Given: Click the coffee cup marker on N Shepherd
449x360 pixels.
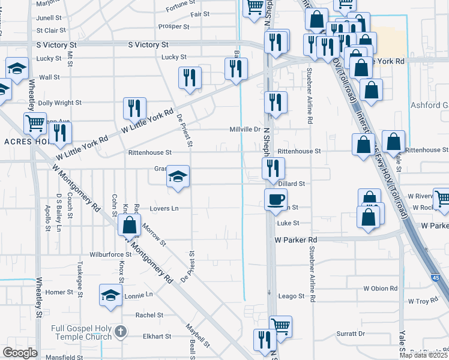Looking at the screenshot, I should click(276, 199).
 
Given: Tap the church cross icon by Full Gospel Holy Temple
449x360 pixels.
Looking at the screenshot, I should click(120, 331).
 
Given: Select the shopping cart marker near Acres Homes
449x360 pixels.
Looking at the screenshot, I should click(35, 123).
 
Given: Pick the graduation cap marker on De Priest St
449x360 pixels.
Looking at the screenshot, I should click(178, 176).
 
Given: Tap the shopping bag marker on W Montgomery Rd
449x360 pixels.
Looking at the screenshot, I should click(129, 226).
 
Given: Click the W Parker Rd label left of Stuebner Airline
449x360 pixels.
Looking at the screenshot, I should click(295, 239).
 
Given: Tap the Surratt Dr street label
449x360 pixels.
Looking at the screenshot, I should click(351, 334).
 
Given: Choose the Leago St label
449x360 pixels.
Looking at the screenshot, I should click(292, 296).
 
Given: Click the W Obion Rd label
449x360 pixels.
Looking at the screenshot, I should click(381, 289).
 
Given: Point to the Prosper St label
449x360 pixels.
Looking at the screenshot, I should click(174, 26).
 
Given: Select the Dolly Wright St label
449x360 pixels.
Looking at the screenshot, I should click(59, 103).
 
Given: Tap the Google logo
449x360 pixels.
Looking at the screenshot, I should click(20, 353).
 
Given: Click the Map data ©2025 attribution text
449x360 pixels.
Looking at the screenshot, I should click(424, 355).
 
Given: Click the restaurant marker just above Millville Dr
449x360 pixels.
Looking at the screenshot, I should click(276, 103).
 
